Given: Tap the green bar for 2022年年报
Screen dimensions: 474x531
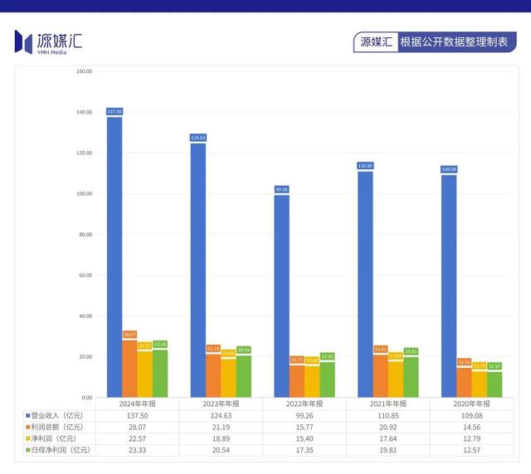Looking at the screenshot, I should click(327, 380).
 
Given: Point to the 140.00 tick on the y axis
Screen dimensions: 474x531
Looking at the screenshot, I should click(84, 112).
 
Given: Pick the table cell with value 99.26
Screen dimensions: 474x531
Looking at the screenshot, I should click(304, 415).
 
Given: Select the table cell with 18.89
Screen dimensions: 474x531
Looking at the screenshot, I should click(221, 438).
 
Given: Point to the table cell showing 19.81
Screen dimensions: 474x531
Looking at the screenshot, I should click(387, 450).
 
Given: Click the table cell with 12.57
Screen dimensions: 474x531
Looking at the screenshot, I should click(470, 450).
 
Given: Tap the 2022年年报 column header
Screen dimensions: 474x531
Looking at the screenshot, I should click(304, 404).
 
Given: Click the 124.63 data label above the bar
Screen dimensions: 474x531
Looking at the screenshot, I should click(197, 138).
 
